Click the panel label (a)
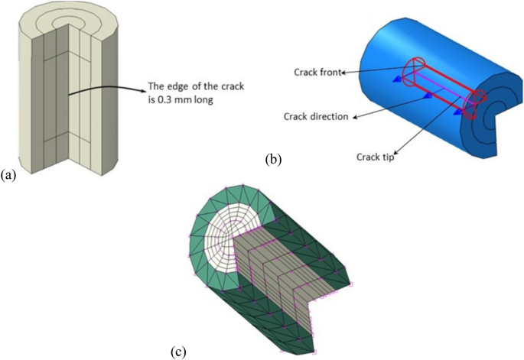point(8,175)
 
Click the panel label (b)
point(272,161)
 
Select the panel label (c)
point(176,351)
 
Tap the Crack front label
point(317,73)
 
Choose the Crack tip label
point(376,157)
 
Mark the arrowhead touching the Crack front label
point(343,73)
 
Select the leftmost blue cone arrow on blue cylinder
point(398,79)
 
